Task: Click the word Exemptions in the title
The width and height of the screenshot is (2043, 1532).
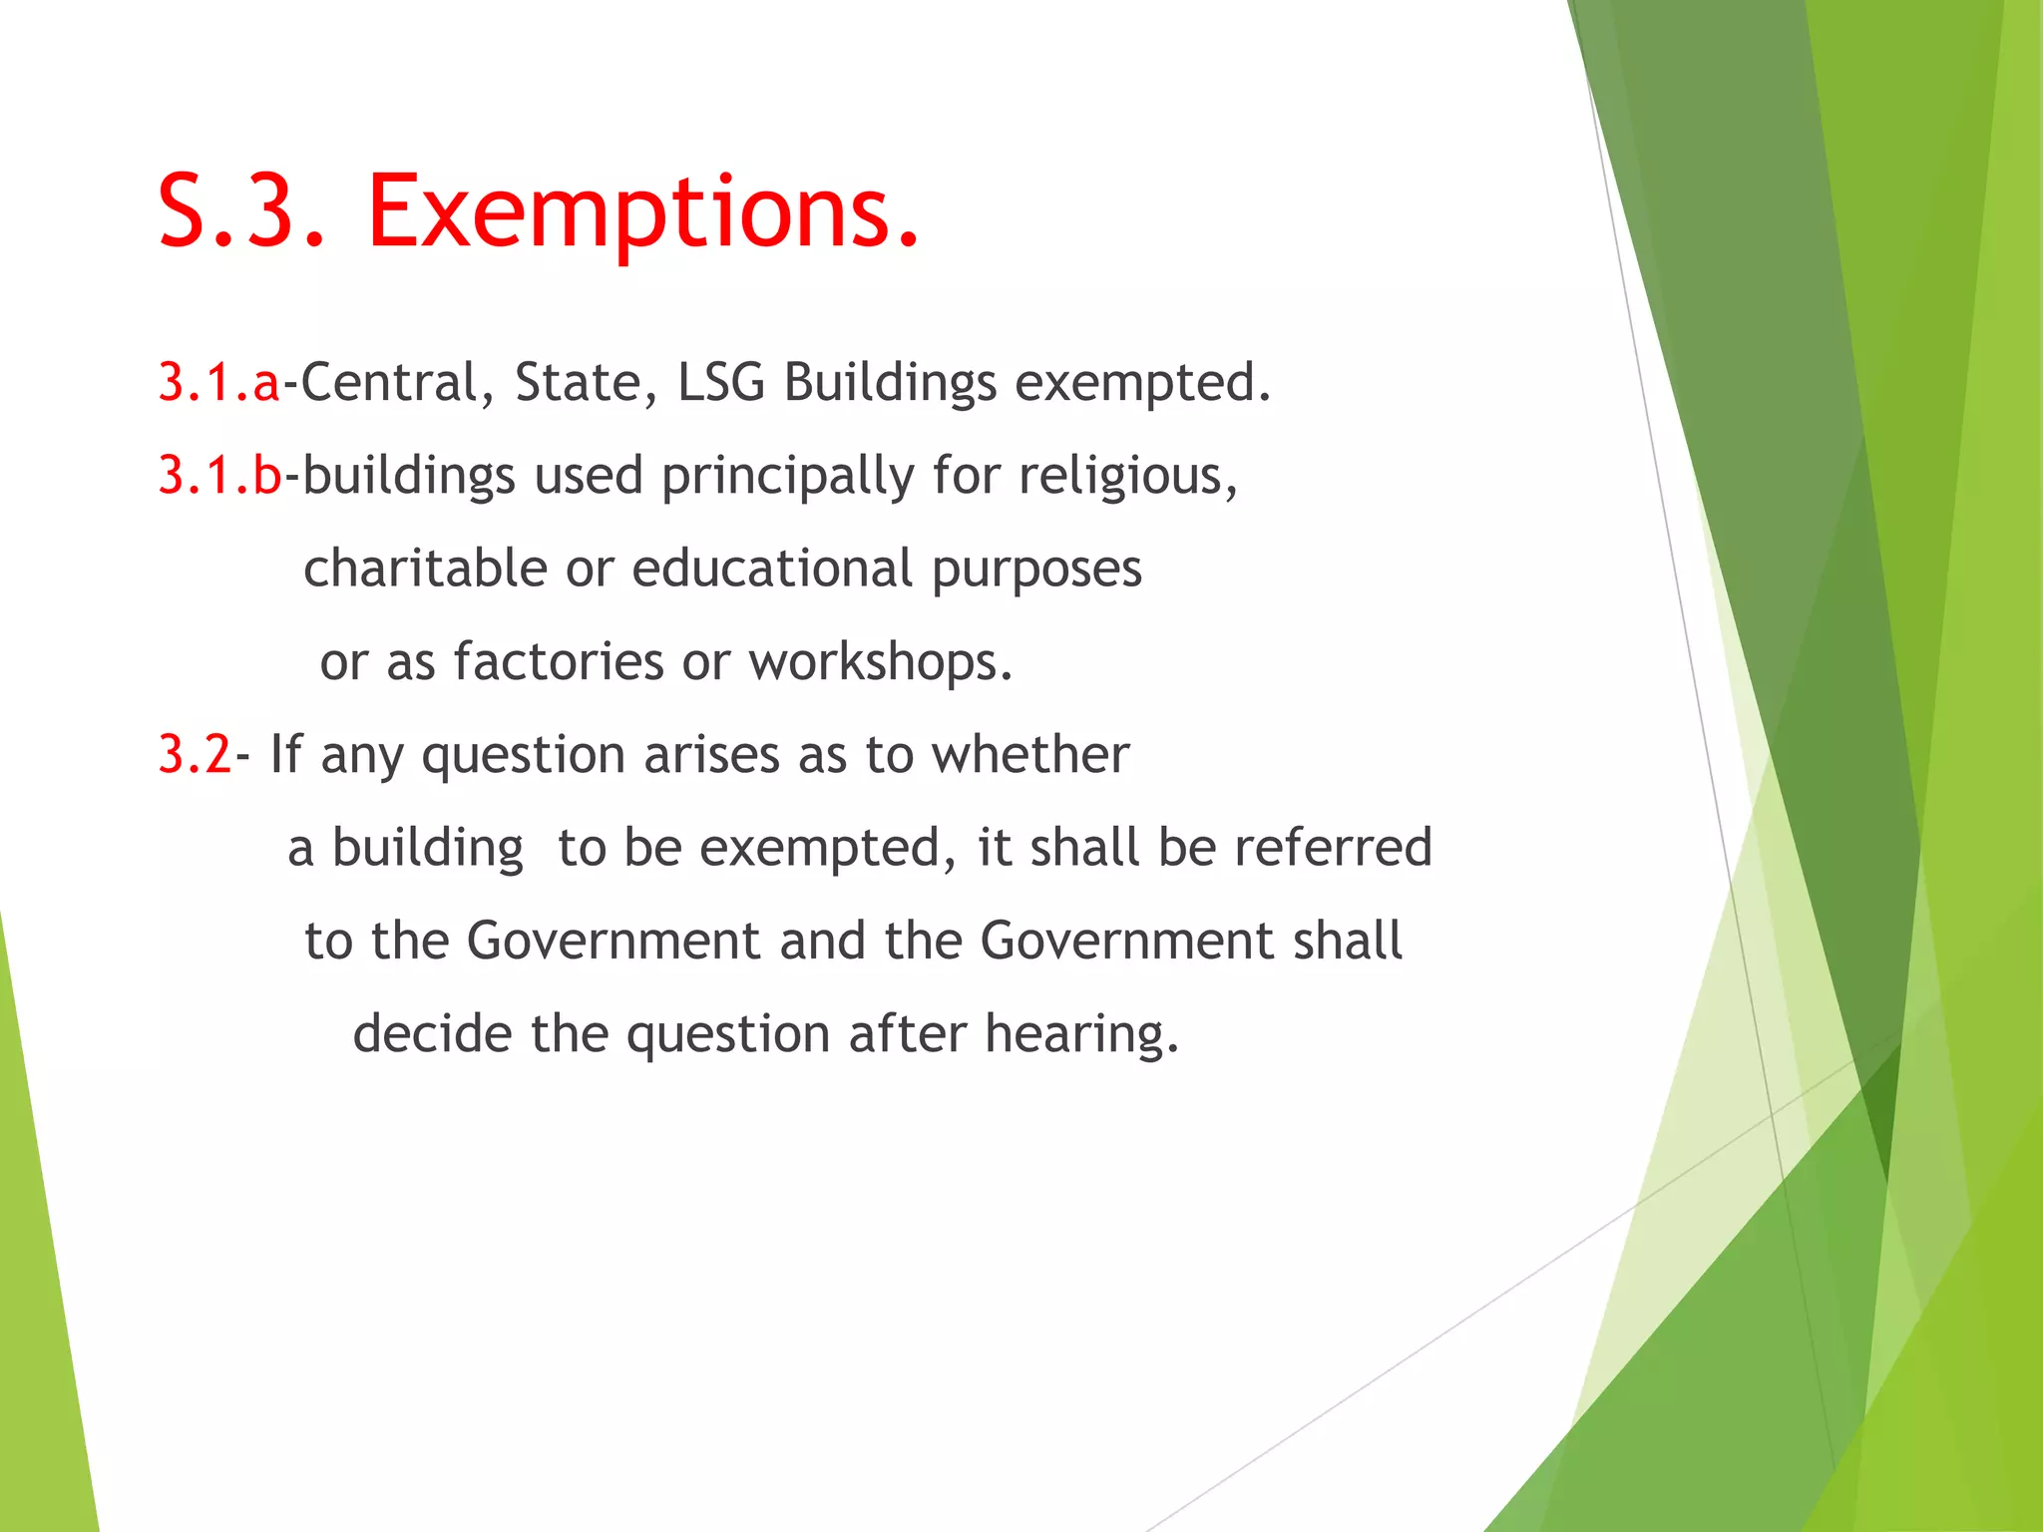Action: (643, 211)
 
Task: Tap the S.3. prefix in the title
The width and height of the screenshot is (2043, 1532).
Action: (242, 211)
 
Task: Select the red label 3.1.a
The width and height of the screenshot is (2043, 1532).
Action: (219, 382)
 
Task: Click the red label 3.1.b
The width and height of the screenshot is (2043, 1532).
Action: (220, 475)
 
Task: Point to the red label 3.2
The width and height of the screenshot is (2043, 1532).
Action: (195, 754)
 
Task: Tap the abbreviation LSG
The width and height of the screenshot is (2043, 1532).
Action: (721, 383)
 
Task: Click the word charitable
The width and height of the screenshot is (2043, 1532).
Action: (425, 569)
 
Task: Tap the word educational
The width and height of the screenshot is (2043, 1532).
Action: (772, 569)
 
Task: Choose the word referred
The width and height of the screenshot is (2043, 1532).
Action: (1333, 848)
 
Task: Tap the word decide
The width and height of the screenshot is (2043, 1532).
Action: (432, 1033)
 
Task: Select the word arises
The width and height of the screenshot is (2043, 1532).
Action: (711, 755)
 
